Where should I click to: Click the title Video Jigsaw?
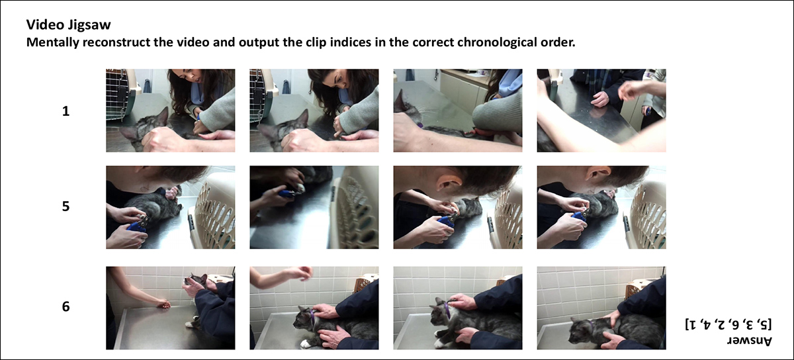pos(68,25)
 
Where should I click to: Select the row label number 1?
pos(66,111)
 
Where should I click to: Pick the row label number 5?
pos(66,206)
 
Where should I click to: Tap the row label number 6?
pos(66,307)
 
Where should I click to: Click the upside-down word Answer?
pos(750,341)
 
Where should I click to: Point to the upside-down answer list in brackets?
pos(728,324)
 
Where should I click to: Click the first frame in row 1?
pos(171,111)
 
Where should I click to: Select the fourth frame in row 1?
pos(601,111)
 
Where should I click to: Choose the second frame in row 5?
pos(314,207)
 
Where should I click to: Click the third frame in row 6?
pos(458,308)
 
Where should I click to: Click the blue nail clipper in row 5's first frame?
pos(138,225)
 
